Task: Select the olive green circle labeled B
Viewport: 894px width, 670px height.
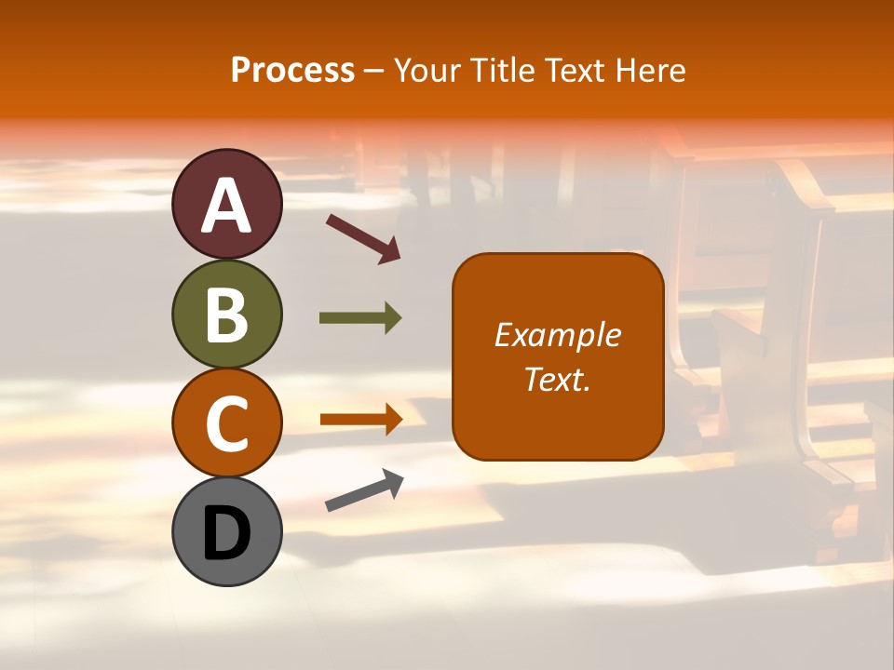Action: pyautogui.click(x=227, y=314)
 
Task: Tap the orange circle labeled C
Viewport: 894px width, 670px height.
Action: pyautogui.click(x=227, y=422)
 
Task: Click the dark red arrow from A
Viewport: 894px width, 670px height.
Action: pyautogui.click(x=363, y=238)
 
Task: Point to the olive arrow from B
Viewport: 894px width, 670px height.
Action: pyautogui.click(x=360, y=318)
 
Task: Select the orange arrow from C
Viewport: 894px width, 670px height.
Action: pyautogui.click(x=360, y=420)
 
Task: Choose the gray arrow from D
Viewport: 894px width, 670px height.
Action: pyautogui.click(x=364, y=491)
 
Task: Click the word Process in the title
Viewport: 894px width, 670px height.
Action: pyautogui.click(x=292, y=71)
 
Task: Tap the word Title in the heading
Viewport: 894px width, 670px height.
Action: pyautogui.click(x=502, y=71)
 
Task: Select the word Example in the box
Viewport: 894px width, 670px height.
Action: pyautogui.click(x=558, y=335)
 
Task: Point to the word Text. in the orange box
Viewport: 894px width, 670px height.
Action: pyautogui.click(x=558, y=379)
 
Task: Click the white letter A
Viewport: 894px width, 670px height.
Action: pyautogui.click(x=227, y=206)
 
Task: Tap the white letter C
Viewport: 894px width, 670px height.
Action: pyautogui.click(x=227, y=423)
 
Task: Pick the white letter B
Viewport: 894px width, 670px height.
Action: pyautogui.click(x=227, y=315)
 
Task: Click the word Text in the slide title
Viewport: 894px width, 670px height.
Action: pyautogui.click(x=576, y=71)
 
